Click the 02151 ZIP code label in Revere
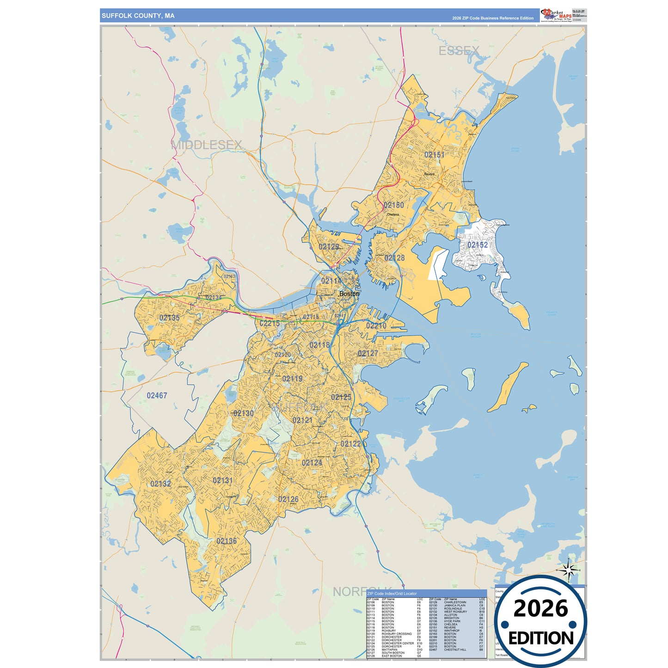pyautogui.click(x=434, y=155)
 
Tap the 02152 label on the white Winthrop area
pyautogui.click(x=477, y=245)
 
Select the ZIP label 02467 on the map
pyautogui.click(x=157, y=396)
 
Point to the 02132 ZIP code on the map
pyautogui.click(x=160, y=484)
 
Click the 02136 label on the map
pyautogui.click(x=227, y=541)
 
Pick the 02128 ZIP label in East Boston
pyautogui.click(x=394, y=258)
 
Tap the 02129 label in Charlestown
pyautogui.click(x=329, y=247)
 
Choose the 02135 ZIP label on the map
pyautogui.click(x=169, y=318)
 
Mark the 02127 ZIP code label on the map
pyautogui.click(x=368, y=354)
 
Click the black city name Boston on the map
pyautogui.click(x=349, y=294)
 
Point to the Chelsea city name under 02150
pyautogui.click(x=392, y=214)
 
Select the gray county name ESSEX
pyautogui.click(x=459, y=51)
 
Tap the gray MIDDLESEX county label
pyautogui.click(x=206, y=145)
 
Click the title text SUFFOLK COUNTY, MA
pyautogui.click(x=138, y=16)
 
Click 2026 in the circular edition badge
pyautogui.click(x=540, y=608)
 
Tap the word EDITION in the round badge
pyautogui.click(x=540, y=638)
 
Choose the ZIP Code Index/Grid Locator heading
pyautogui.click(x=392, y=594)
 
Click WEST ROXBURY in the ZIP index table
pyautogui.click(x=455, y=612)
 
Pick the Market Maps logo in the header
pyautogui.click(x=556, y=15)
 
